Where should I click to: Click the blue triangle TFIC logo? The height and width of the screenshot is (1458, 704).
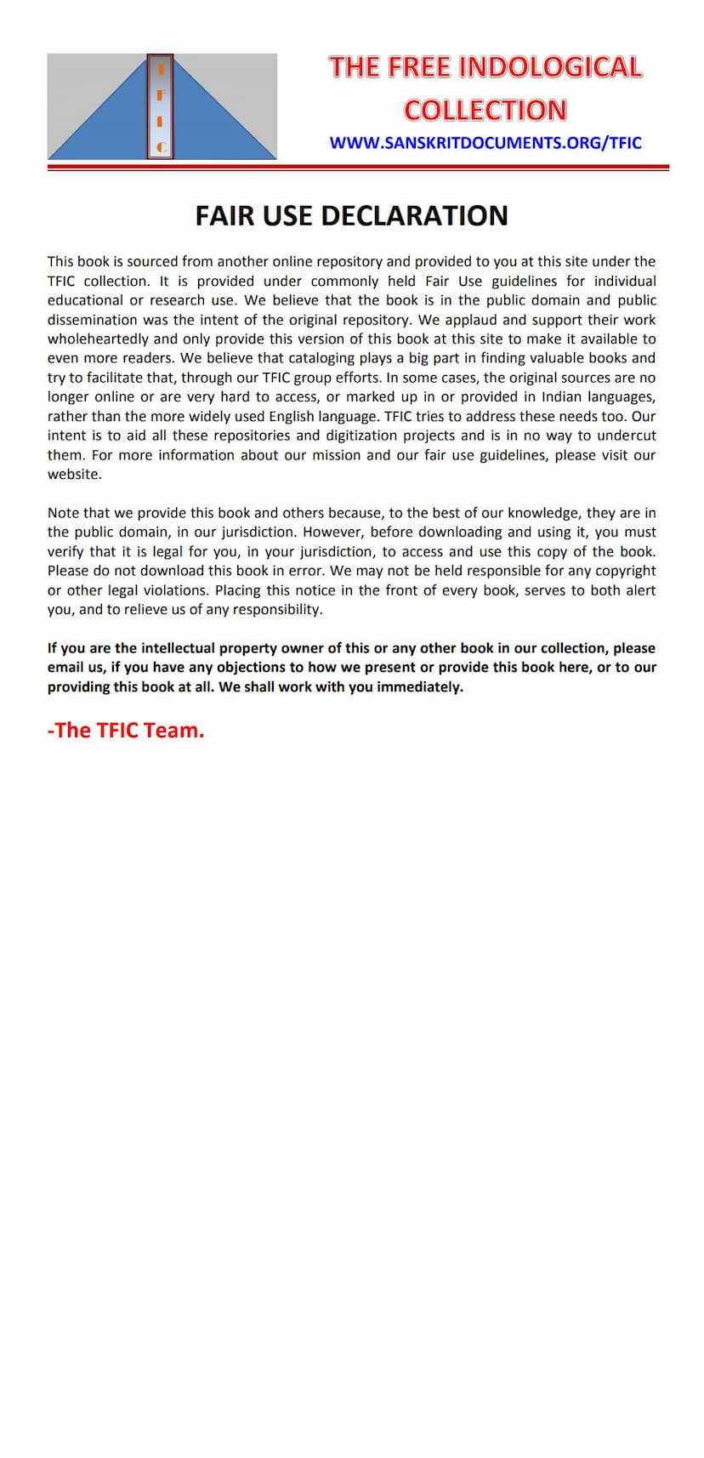162,107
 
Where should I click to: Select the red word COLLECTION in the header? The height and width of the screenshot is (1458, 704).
485,110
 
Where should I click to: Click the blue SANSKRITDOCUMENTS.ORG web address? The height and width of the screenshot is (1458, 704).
485,143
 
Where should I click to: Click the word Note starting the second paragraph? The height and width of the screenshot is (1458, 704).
64,513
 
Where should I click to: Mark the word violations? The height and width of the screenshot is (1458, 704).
174,590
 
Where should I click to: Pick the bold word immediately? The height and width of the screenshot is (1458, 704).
420,687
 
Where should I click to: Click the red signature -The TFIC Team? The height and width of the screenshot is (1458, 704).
126,731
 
